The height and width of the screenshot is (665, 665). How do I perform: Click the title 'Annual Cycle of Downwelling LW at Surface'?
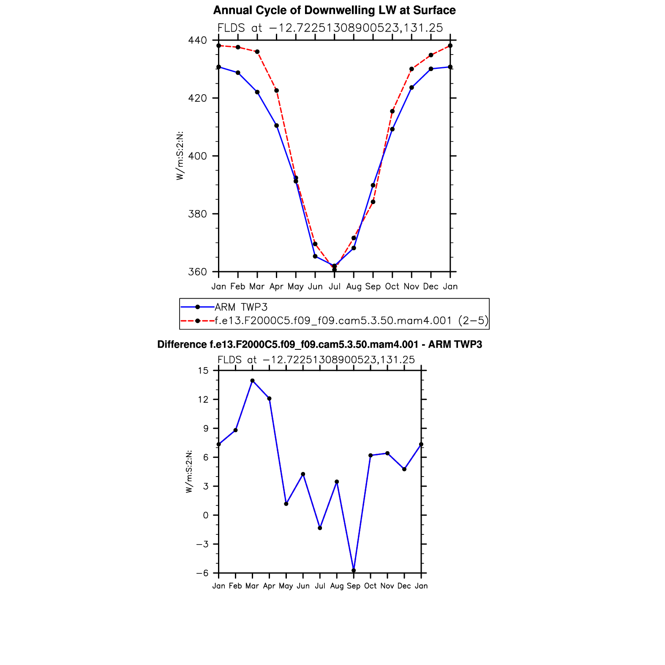[x=334, y=11]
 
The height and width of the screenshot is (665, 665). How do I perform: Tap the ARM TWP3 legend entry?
[x=241, y=307]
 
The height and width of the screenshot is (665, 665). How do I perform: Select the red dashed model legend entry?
[x=351, y=321]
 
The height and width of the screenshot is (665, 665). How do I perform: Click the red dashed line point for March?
[x=257, y=52]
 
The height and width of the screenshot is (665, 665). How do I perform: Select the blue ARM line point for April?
[x=276, y=125]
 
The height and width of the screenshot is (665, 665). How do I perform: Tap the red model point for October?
[x=392, y=112]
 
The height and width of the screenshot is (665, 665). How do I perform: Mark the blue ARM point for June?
[x=315, y=256]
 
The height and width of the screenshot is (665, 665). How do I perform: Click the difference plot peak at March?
[x=252, y=381]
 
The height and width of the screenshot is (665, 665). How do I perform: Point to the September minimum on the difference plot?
[x=354, y=570]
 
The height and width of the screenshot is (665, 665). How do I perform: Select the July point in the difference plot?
[x=320, y=528]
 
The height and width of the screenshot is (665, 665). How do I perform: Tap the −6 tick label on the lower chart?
[x=202, y=573]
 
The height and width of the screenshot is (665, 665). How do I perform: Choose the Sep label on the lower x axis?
[x=354, y=586]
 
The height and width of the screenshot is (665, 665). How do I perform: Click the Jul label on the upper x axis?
[x=335, y=287]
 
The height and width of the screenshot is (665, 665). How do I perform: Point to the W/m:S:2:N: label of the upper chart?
[x=180, y=156]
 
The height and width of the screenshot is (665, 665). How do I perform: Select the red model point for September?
[x=373, y=202]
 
